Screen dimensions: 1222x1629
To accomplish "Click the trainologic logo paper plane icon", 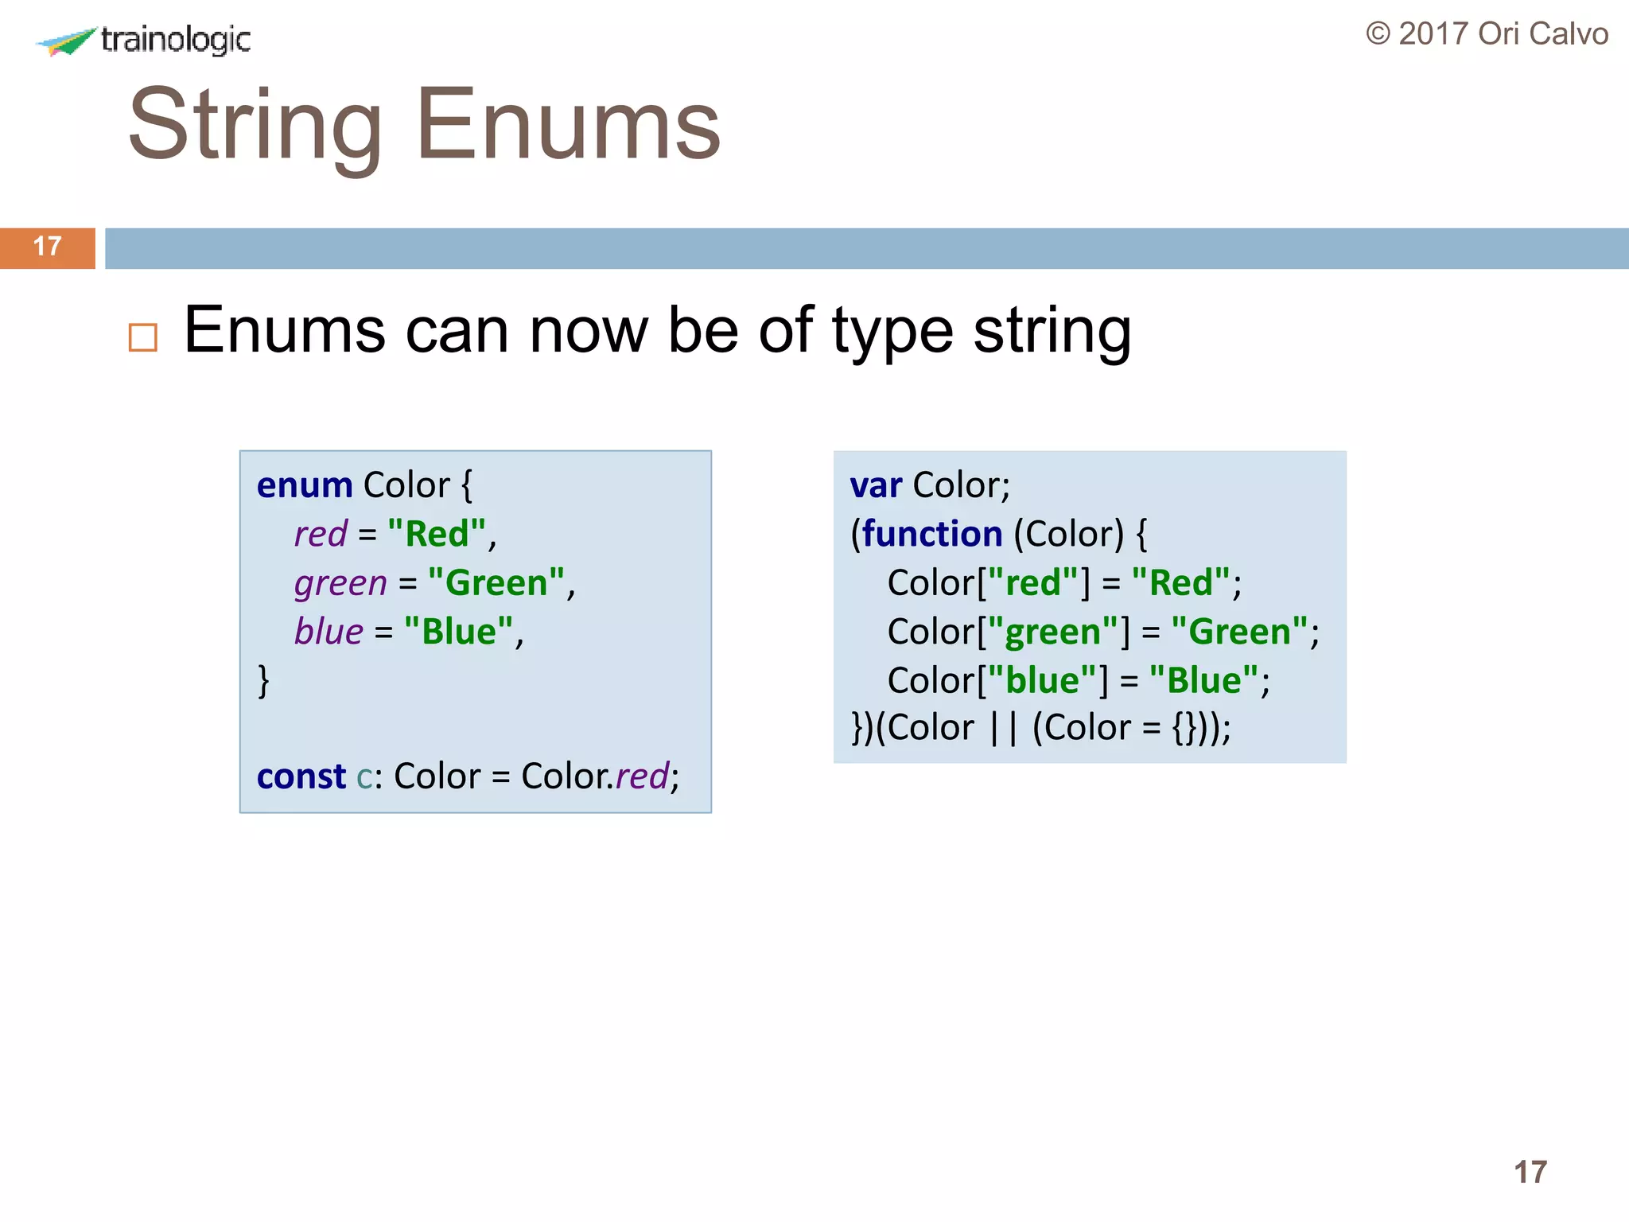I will click(x=68, y=41).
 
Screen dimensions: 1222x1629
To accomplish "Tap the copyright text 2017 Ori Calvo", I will click(x=1487, y=34).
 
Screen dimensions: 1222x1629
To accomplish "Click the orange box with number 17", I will click(x=48, y=247).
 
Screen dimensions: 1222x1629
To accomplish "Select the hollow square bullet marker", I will click(x=143, y=337).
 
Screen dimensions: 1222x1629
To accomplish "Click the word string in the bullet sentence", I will click(x=1052, y=330).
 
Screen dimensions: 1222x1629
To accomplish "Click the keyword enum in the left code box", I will click(x=304, y=485).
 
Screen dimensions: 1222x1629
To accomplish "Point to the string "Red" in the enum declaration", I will click(x=437, y=534).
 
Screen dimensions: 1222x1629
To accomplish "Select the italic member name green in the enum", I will click(x=340, y=583).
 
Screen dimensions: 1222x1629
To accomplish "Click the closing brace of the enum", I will click(x=263, y=681).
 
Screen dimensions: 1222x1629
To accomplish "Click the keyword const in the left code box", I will click(x=301, y=776).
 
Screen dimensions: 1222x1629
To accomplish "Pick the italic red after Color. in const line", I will click(x=641, y=776).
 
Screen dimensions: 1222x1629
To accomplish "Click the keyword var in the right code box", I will click(x=875, y=485).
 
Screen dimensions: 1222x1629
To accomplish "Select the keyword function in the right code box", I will click(x=931, y=534).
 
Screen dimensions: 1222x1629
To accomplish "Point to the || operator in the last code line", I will click(x=1003, y=728).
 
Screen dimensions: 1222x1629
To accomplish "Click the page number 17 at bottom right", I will click(x=1530, y=1172).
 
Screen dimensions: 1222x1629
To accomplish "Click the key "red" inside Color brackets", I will click(x=1032, y=583).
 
